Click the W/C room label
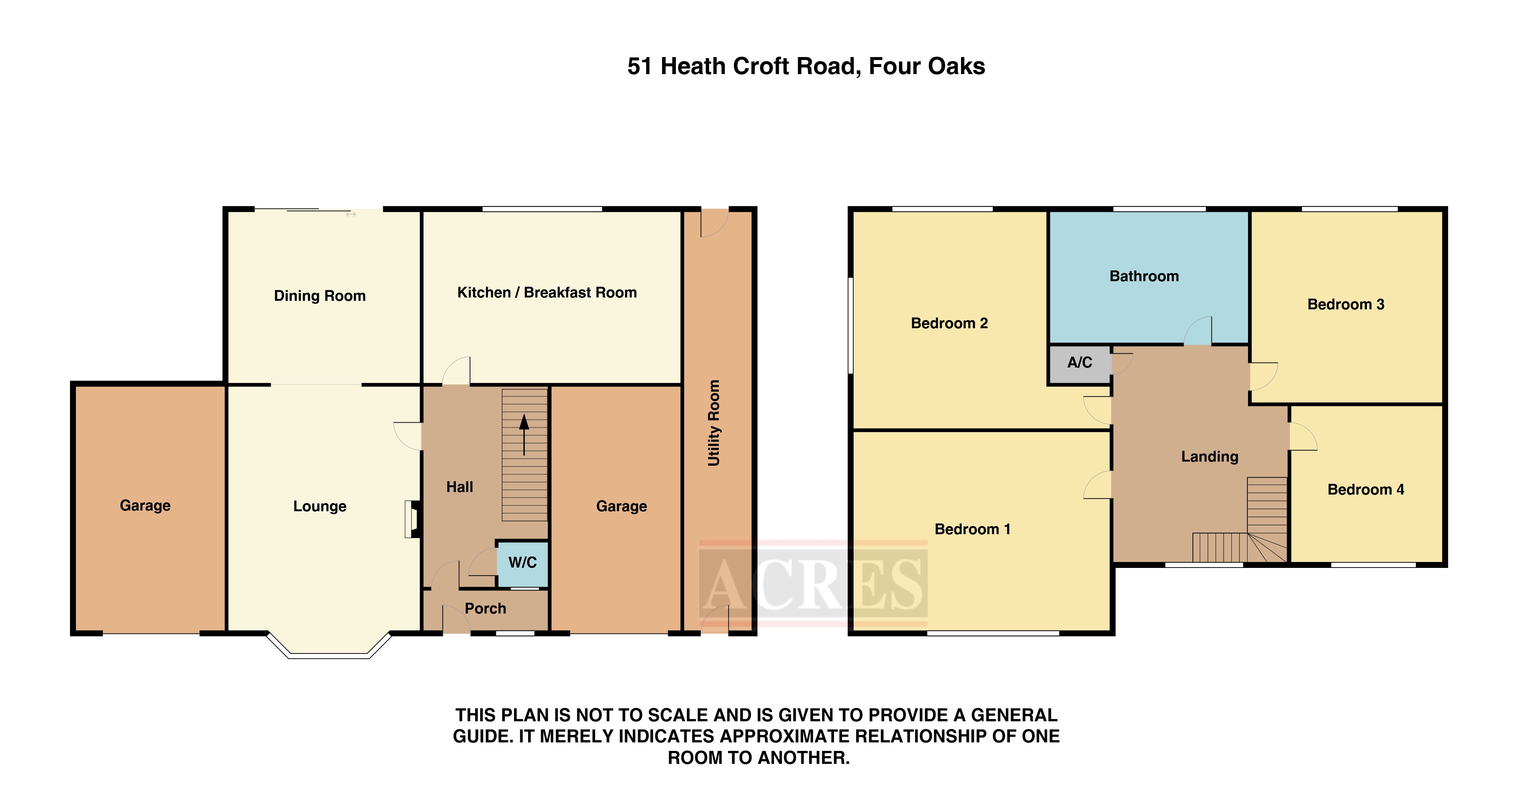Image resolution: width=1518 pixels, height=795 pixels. (x=522, y=562)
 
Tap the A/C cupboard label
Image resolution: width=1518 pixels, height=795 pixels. (x=1080, y=362)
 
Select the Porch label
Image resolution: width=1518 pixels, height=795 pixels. (x=486, y=608)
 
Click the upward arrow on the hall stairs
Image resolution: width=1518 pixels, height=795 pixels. (x=524, y=434)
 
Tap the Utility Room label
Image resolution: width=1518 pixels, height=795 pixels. (x=714, y=423)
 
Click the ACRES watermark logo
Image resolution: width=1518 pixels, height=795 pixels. (x=813, y=583)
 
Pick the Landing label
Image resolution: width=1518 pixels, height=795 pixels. (x=1210, y=457)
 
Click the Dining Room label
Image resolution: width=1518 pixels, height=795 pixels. (x=320, y=296)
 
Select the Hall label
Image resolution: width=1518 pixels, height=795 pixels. (x=460, y=487)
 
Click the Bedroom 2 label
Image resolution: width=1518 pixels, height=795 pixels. (x=949, y=323)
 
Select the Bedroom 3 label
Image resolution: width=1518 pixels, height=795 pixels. (x=1346, y=304)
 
